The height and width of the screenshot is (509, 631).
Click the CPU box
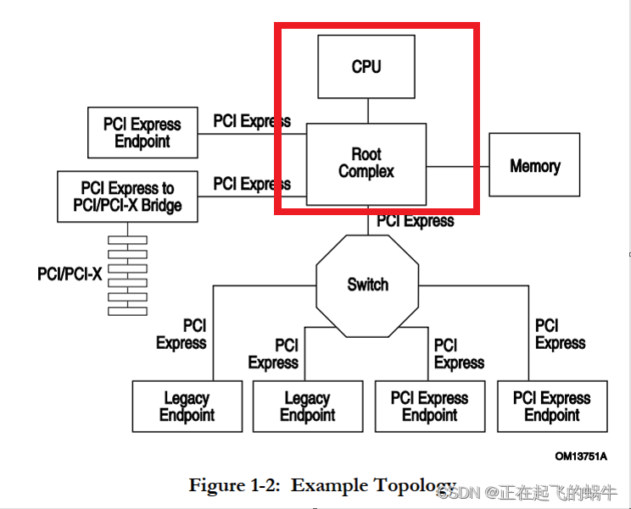click(x=366, y=66)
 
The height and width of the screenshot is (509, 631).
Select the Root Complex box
click(x=366, y=163)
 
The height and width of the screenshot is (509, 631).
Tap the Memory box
click(x=534, y=165)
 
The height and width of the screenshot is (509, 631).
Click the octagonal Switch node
click(x=367, y=285)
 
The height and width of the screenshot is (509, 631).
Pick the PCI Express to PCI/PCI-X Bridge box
click(x=127, y=196)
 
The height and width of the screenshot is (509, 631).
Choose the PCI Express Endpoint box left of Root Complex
click(x=142, y=132)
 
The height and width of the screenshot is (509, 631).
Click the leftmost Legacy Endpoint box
click(x=187, y=407)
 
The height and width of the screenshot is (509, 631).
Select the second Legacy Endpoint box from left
click(x=307, y=407)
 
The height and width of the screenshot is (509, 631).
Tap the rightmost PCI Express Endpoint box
click(x=551, y=407)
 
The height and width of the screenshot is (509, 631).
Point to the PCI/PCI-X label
click(x=70, y=274)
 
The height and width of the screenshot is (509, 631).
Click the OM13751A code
click(x=581, y=456)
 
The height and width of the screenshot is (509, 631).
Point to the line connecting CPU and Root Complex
click(x=367, y=110)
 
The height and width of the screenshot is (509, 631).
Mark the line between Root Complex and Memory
click(x=457, y=166)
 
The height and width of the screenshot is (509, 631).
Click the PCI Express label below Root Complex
click(x=416, y=221)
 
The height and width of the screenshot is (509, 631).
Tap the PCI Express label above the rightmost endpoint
click(x=560, y=334)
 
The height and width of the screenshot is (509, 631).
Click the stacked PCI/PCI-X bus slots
click(x=127, y=275)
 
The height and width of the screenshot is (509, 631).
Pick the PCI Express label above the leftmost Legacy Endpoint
click(x=181, y=334)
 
